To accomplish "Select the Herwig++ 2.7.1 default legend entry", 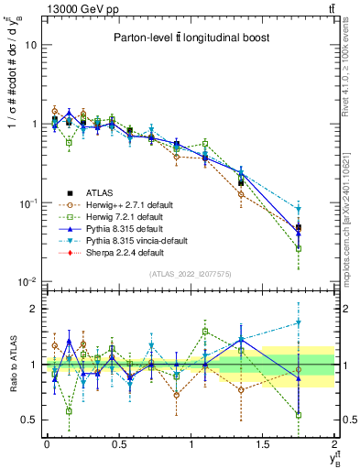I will [112, 203].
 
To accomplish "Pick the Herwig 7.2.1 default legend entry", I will [109, 215].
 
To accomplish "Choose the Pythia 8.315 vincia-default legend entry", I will [119, 239].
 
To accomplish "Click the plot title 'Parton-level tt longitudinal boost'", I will [186, 38].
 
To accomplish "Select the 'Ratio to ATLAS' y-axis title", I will [11, 364].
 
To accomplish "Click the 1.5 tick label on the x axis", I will [263, 443].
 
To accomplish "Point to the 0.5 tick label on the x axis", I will [118, 443].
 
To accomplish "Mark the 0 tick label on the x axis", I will [47, 443].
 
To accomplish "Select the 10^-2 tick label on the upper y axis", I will [27, 280].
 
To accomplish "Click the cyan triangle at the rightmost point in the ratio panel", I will [299, 322].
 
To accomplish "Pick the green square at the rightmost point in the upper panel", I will [299, 247].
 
